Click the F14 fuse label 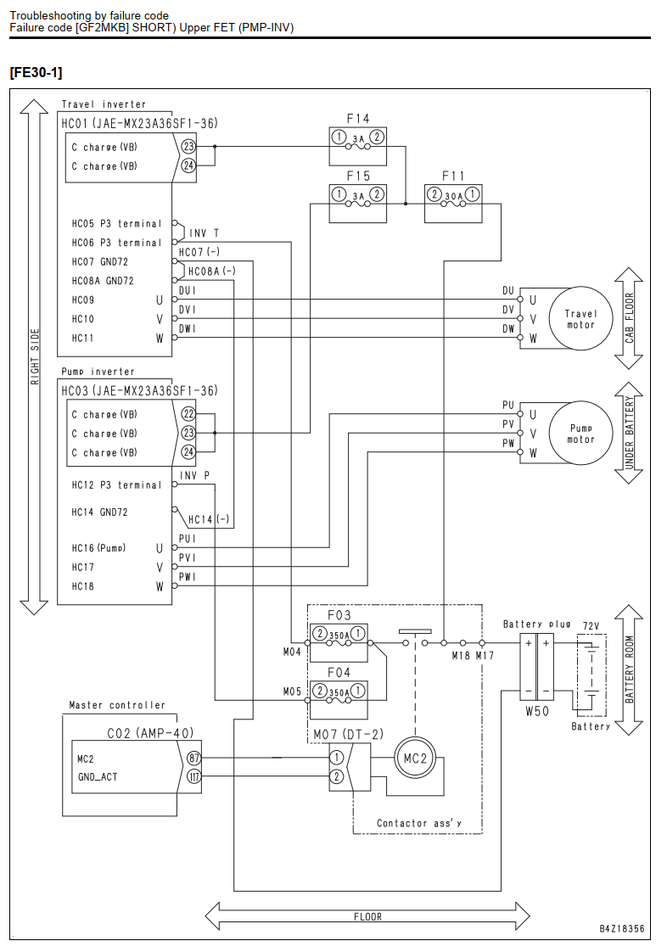358,119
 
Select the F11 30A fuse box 453,204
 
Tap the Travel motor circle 580,319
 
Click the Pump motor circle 580,433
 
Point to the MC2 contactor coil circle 416,759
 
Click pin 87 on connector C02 193,759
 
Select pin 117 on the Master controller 193,776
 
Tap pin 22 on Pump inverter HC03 188,414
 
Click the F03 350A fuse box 339,642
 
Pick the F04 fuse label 339,673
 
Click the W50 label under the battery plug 537,711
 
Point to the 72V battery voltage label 591,626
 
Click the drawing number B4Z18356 621,928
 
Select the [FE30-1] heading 36,72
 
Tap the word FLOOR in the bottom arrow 367,916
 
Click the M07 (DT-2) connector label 349,735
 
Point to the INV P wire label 194,475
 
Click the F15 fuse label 358,176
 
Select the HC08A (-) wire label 212,272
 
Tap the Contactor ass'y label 419,823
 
